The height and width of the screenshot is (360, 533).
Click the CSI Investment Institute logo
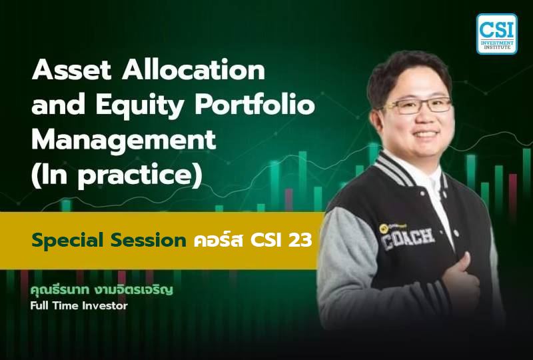tap(496, 33)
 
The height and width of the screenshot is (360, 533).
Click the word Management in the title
tap(124, 141)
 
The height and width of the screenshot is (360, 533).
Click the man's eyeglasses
tap(420, 105)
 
